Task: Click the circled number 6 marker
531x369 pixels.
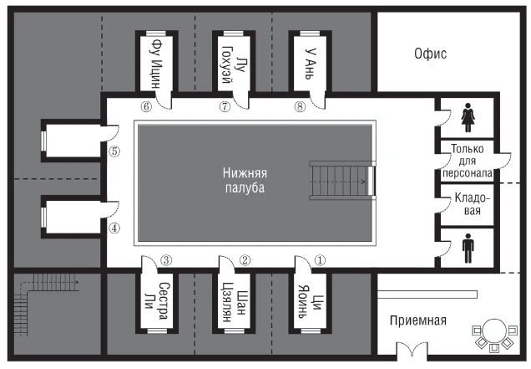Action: pos(146,106)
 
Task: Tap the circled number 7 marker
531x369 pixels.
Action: pos(225,106)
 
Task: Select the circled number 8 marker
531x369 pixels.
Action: pos(300,106)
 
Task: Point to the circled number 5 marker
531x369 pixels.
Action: pos(115,151)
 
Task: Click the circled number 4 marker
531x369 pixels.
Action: pos(114,228)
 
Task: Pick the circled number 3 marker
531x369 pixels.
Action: pos(166,260)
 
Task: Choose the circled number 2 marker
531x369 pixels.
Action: pos(245,260)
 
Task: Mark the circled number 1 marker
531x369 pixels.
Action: pos(320,260)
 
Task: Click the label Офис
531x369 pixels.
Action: pos(431,54)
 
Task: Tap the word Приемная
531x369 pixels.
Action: pos(418,320)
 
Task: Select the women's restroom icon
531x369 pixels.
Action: pos(468,117)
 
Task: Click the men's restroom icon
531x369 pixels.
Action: pos(468,249)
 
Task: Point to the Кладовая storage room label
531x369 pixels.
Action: pos(472,204)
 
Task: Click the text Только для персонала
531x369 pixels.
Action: pos(468,161)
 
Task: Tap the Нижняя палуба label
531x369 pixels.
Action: pos(245,180)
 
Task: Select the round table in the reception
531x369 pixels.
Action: pos(495,331)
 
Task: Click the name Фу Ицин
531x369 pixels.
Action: pos(156,63)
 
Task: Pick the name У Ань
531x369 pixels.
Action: pos(309,64)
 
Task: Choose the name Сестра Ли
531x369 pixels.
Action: pos(156,300)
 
